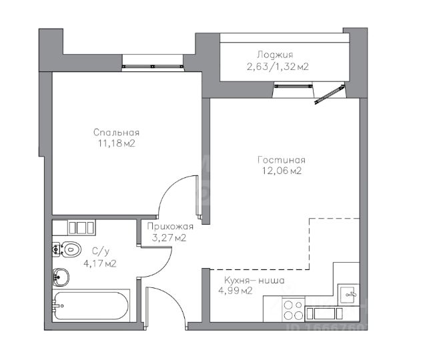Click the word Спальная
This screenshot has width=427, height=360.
click(x=116, y=133)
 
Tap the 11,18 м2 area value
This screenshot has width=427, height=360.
click(x=117, y=143)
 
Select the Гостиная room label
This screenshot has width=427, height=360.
click(x=282, y=160)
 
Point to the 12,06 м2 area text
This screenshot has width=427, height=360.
click(x=282, y=171)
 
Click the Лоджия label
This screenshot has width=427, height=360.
click(x=275, y=55)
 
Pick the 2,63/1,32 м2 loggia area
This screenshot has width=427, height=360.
click(x=278, y=67)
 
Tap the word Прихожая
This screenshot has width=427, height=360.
click(x=170, y=227)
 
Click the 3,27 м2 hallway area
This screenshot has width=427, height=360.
click(x=169, y=237)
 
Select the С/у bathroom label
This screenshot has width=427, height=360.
click(x=100, y=251)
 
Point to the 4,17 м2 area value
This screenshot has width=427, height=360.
click(x=100, y=263)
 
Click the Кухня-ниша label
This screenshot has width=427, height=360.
click(x=254, y=280)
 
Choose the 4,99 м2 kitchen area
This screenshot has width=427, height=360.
click(x=236, y=291)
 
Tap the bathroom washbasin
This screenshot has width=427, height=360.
click(x=61, y=277)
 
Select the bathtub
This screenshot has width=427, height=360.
click(x=91, y=305)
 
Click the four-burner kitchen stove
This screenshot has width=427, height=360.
click(x=294, y=310)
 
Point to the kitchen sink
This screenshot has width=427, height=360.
click(x=348, y=294)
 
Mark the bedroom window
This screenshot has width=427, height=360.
click(x=153, y=66)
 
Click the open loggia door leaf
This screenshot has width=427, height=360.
click(x=330, y=95)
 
